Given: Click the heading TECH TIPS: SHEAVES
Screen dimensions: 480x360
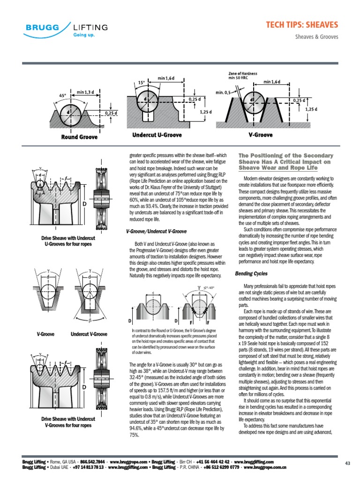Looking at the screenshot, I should pos(302,24).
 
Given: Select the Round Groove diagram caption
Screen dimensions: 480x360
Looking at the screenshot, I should pos(79,137).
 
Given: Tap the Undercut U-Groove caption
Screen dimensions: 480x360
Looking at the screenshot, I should pos(157,135).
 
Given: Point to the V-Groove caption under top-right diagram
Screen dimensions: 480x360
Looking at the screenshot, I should pos(260,135).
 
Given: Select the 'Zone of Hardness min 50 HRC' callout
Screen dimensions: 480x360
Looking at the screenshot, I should pos(243,75).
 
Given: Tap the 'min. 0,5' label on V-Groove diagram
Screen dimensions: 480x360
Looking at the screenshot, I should pos(223,92).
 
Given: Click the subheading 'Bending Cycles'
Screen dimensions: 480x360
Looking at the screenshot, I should pos(251,273).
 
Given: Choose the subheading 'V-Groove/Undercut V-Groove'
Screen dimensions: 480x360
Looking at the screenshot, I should pos(156,232).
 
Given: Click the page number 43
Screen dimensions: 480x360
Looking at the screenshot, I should pos(347,464).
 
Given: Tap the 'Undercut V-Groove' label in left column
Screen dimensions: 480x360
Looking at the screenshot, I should pos(89,334).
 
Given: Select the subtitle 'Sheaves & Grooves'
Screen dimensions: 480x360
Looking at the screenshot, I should pos(316,37).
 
